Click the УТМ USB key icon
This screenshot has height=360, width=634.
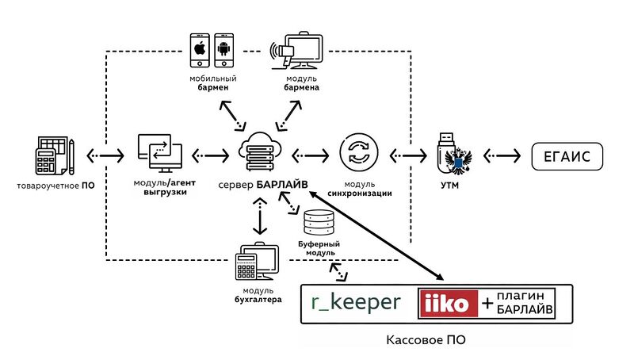(454, 152)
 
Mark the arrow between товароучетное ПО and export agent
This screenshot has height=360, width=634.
(104, 154)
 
